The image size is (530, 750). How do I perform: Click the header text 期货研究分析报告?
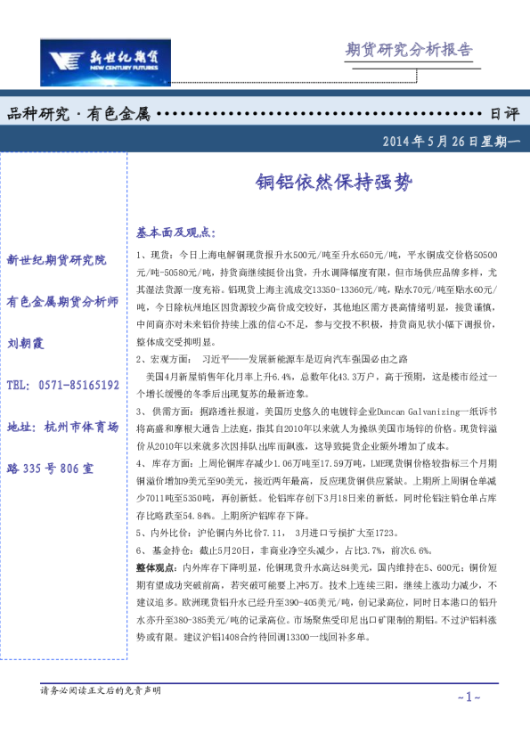(x=408, y=50)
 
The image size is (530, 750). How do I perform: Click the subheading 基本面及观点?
(x=175, y=232)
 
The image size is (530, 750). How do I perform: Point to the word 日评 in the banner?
(x=504, y=114)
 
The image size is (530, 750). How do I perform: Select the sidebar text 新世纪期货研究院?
(x=56, y=260)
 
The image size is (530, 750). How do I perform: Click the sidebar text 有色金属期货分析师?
(x=62, y=301)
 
